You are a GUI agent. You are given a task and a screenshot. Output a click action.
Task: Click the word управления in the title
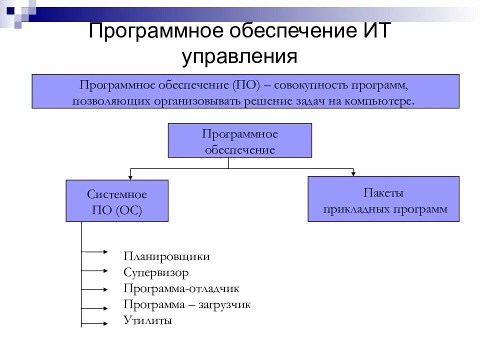240,56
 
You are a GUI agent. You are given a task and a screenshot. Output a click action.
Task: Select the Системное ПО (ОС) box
117,201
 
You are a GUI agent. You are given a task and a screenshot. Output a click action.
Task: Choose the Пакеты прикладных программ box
383,199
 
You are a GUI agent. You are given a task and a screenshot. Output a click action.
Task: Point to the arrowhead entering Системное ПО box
130,176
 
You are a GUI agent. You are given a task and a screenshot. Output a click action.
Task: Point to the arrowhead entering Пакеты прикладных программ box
353,173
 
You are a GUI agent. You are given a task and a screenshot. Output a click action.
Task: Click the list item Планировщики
166,256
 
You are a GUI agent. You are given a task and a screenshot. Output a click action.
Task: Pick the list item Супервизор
156,272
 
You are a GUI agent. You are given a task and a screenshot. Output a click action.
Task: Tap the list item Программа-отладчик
181,288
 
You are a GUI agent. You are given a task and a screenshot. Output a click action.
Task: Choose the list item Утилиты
147,320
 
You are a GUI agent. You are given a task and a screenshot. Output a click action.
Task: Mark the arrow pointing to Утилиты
95,324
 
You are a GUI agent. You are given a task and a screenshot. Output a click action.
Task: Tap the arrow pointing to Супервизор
95,270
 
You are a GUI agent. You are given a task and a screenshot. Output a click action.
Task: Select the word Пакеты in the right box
383,192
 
